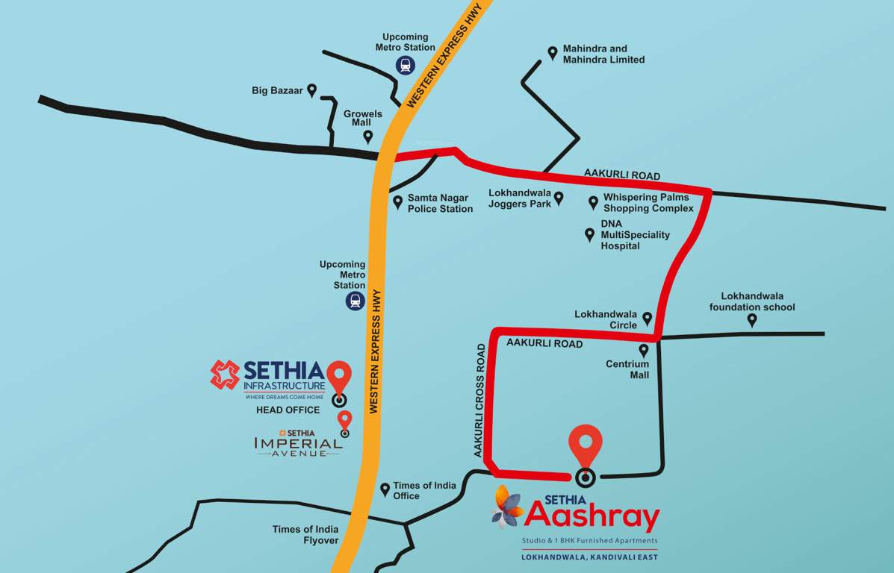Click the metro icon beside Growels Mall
pyautogui.click(x=405, y=65)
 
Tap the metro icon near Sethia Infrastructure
pyautogui.click(x=354, y=301)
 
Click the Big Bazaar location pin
pyautogui.click(x=312, y=90)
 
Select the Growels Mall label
pyautogui.click(x=363, y=118)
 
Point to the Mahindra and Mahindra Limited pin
pyautogui.click(x=553, y=53)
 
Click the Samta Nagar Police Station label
pyautogui.click(x=440, y=204)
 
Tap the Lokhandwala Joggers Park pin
pyautogui.click(x=559, y=198)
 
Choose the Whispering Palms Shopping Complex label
pyautogui.click(x=648, y=203)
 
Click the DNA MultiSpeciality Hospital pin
pyautogui.click(x=589, y=235)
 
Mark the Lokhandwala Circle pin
pyautogui.click(x=648, y=319)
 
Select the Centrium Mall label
pyautogui.click(x=627, y=369)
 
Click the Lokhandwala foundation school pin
pyautogui.click(x=752, y=320)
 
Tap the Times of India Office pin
pyautogui.click(x=385, y=489)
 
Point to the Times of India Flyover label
pyautogui.click(x=305, y=535)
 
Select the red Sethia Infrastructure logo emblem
pyautogui.click(x=225, y=375)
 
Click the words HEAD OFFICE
pyautogui.click(x=288, y=410)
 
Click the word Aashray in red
pyautogui.click(x=592, y=516)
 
